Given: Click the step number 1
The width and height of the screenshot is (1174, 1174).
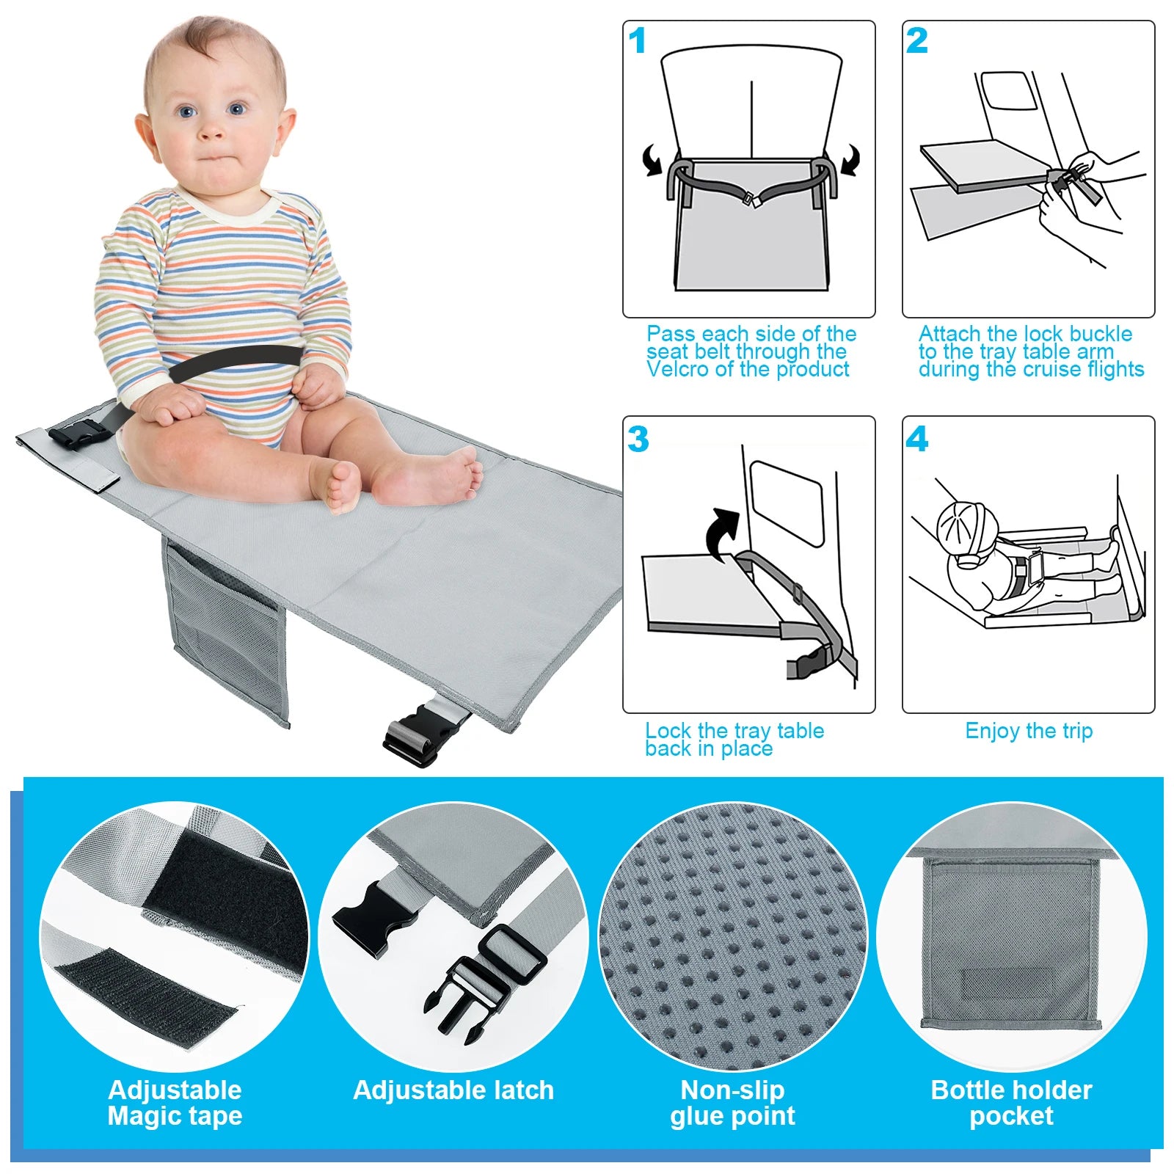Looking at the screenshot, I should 637,41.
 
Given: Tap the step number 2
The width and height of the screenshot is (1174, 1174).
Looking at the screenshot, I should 916,41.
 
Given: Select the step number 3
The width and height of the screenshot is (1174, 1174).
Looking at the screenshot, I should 638,440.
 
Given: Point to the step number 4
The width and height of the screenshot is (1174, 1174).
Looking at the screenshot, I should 917,440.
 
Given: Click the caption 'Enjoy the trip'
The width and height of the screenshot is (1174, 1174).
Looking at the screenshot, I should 1029,731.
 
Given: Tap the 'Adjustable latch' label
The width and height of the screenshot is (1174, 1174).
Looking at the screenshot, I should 453,1090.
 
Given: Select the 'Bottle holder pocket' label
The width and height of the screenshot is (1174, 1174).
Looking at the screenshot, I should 1011,1103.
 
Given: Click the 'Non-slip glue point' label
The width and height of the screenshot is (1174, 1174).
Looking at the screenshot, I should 732,1103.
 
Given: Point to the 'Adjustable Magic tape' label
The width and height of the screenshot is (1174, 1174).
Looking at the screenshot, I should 175,1103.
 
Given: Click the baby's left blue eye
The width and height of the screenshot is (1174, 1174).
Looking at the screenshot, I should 236,110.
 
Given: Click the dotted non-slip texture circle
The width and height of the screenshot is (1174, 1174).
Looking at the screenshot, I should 732,936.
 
